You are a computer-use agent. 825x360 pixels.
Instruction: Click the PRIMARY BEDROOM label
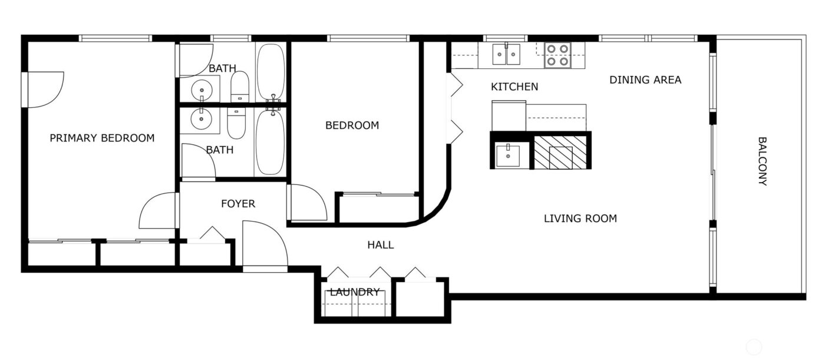pos(102,138)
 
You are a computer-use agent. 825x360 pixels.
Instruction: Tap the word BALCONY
pos(762,161)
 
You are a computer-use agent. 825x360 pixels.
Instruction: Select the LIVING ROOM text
pos(580,219)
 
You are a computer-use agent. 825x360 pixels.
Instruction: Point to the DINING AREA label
pos(645,80)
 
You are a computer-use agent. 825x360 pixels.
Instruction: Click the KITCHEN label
pos(514,87)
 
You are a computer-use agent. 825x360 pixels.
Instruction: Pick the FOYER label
pos(238,204)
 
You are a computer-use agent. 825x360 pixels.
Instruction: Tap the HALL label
pos(380,245)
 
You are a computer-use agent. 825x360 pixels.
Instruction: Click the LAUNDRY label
pos(355,292)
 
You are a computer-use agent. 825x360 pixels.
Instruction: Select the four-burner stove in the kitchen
pos(557,55)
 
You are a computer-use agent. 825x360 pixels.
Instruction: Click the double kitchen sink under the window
pos(507,55)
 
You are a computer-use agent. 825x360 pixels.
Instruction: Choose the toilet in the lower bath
pos(236,123)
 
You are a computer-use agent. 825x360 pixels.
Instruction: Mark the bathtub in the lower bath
pos(270,141)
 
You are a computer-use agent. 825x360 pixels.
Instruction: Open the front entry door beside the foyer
pos(263,245)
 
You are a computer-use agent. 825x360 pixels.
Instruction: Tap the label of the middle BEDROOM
pos(352,125)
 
